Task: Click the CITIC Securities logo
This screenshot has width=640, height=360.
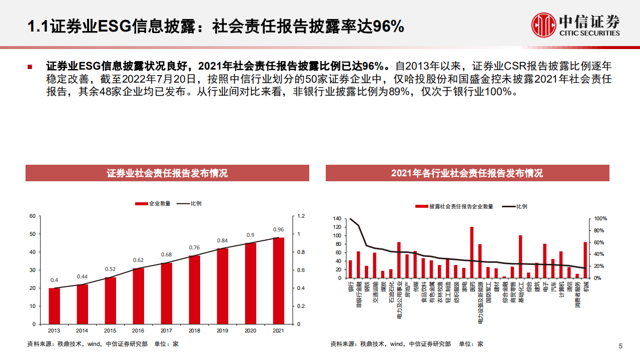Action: click(x=575, y=24)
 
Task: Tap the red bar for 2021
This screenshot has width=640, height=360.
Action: click(x=278, y=280)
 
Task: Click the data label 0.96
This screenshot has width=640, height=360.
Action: click(x=278, y=230)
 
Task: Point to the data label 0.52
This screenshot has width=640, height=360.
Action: click(x=110, y=269)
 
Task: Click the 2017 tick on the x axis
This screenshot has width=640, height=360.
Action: click(x=166, y=330)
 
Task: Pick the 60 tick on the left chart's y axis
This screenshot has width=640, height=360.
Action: click(x=33, y=216)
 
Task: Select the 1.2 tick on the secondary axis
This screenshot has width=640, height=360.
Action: click(x=301, y=216)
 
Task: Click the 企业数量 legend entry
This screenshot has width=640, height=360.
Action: click(x=153, y=204)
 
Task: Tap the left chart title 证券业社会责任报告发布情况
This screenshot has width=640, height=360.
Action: click(x=167, y=173)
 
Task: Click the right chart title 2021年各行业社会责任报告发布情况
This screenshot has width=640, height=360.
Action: click(x=467, y=173)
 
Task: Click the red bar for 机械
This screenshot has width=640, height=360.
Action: click(x=585, y=260)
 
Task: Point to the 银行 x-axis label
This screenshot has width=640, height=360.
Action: click(x=350, y=287)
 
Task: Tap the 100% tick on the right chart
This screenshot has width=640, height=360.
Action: click(x=600, y=219)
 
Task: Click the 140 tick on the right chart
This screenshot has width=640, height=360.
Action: click(x=336, y=219)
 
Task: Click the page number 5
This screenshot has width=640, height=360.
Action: click(x=620, y=346)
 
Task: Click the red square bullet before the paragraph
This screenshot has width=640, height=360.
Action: click(x=30, y=67)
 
